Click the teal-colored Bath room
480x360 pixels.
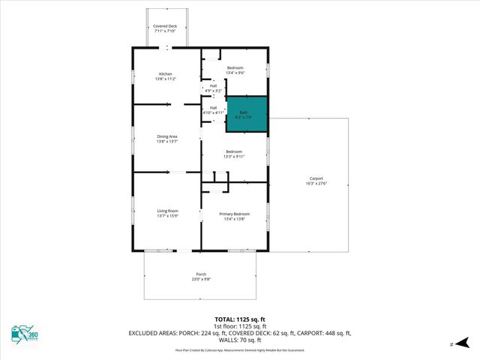247,115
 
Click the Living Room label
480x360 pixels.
167,214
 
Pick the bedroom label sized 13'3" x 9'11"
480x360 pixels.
234,154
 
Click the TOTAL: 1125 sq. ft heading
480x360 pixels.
239,319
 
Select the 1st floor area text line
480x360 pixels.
239,325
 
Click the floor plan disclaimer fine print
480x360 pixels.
239,349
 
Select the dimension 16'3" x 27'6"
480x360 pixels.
315,184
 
